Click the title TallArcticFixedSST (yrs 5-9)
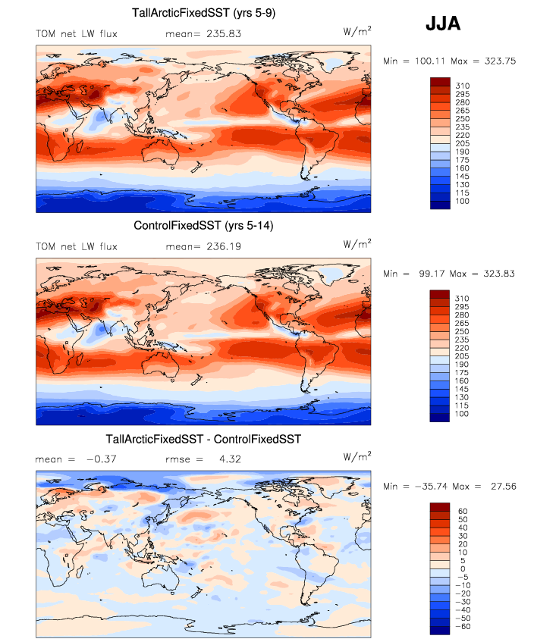[203, 11]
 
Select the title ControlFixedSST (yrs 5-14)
[203, 225]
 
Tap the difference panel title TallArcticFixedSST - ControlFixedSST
[203, 439]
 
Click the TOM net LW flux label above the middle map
[77, 246]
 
